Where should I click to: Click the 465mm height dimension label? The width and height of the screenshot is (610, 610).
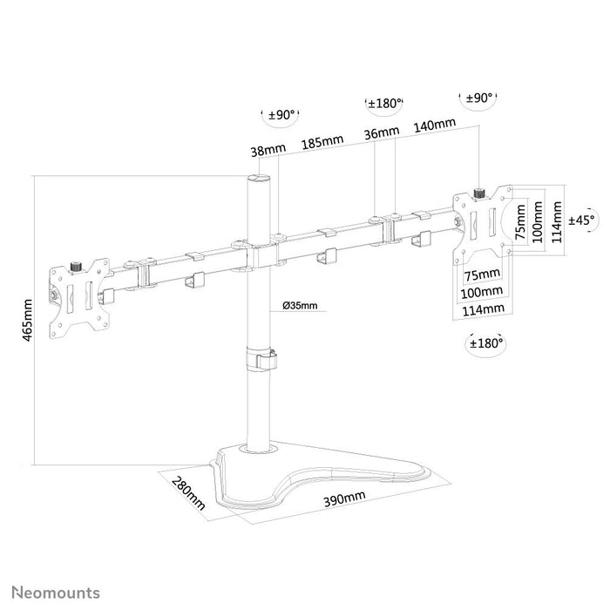point(27,320)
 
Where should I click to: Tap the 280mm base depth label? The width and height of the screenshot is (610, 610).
point(188,493)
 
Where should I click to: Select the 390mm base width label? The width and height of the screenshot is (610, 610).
point(344,498)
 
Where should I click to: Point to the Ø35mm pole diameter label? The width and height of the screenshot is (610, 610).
point(300,305)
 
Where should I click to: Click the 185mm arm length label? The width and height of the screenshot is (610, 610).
point(322,142)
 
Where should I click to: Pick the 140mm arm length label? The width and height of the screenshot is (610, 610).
point(434,125)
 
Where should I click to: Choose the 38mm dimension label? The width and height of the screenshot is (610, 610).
point(268,150)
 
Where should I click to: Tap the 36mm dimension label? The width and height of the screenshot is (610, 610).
point(382,132)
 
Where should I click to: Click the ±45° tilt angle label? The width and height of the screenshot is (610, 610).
point(581,220)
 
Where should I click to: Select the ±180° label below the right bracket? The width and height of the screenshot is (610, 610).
point(486,343)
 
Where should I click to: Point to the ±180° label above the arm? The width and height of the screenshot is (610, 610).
point(385,104)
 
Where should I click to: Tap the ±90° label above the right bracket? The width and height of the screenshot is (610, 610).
point(479,98)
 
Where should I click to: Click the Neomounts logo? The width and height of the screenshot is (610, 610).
point(56,593)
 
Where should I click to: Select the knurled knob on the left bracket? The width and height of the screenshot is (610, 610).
point(74,268)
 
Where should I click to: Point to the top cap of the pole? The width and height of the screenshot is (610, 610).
point(258,179)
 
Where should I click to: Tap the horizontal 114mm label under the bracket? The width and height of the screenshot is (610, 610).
point(483,310)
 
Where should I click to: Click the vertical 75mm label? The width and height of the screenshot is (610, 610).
point(520,222)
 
